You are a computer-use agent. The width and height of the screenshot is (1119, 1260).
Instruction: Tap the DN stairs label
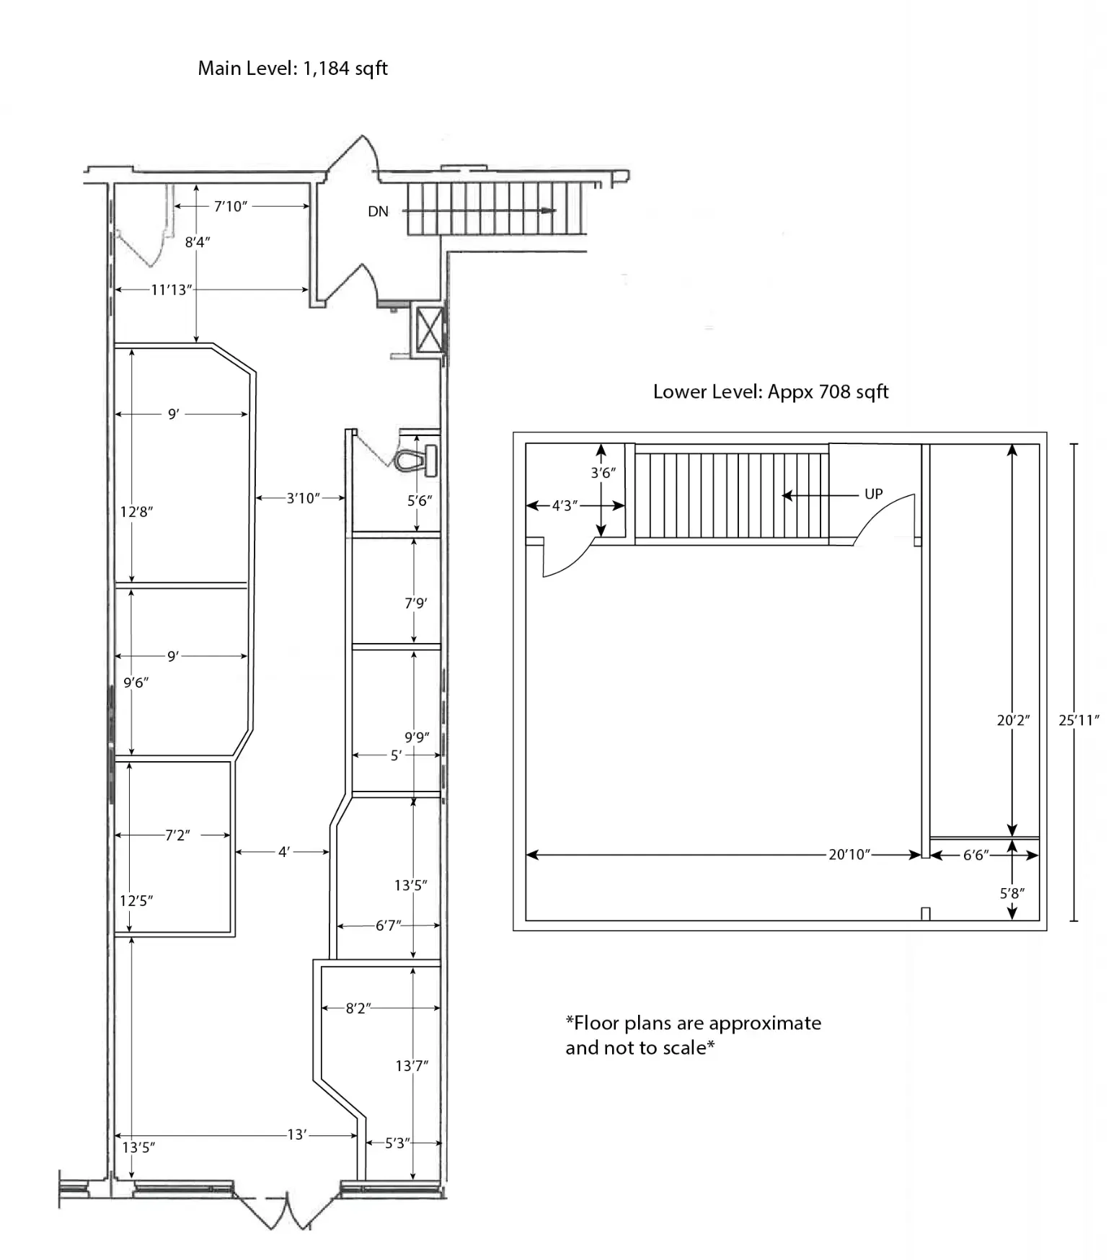tap(378, 211)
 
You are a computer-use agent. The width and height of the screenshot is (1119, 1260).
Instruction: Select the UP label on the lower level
tap(873, 494)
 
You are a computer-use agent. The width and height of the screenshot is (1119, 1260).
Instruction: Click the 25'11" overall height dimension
tap(1078, 719)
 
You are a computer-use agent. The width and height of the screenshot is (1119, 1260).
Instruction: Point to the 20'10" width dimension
tap(849, 855)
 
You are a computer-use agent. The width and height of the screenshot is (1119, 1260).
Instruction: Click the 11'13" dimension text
tap(171, 290)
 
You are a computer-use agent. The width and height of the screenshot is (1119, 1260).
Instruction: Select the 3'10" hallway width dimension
tap(303, 498)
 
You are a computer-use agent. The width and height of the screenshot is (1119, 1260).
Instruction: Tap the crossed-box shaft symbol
tap(429, 330)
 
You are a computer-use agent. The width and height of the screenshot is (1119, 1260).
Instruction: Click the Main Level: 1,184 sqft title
tap(293, 68)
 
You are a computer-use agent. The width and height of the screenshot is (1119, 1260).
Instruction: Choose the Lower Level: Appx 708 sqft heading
tap(770, 392)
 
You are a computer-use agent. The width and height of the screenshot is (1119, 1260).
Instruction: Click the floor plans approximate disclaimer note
tap(693, 1035)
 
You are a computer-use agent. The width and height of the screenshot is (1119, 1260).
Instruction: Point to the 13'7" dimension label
tap(412, 1065)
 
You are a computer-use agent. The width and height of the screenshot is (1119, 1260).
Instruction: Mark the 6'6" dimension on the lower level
tap(976, 856)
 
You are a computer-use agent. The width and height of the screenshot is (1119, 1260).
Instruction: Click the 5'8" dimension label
tap(1012, 893)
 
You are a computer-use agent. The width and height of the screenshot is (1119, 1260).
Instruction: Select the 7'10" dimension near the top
tap(231, 207)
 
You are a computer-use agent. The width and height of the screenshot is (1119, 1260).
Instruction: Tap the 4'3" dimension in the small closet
tap(565, 506)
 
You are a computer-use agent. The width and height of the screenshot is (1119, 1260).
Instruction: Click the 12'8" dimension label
tap(136, 512)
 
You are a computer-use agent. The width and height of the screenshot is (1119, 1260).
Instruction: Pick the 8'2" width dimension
tap(358, 1008)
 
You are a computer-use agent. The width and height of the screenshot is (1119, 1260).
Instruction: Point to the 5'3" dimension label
tap(397, 1143)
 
